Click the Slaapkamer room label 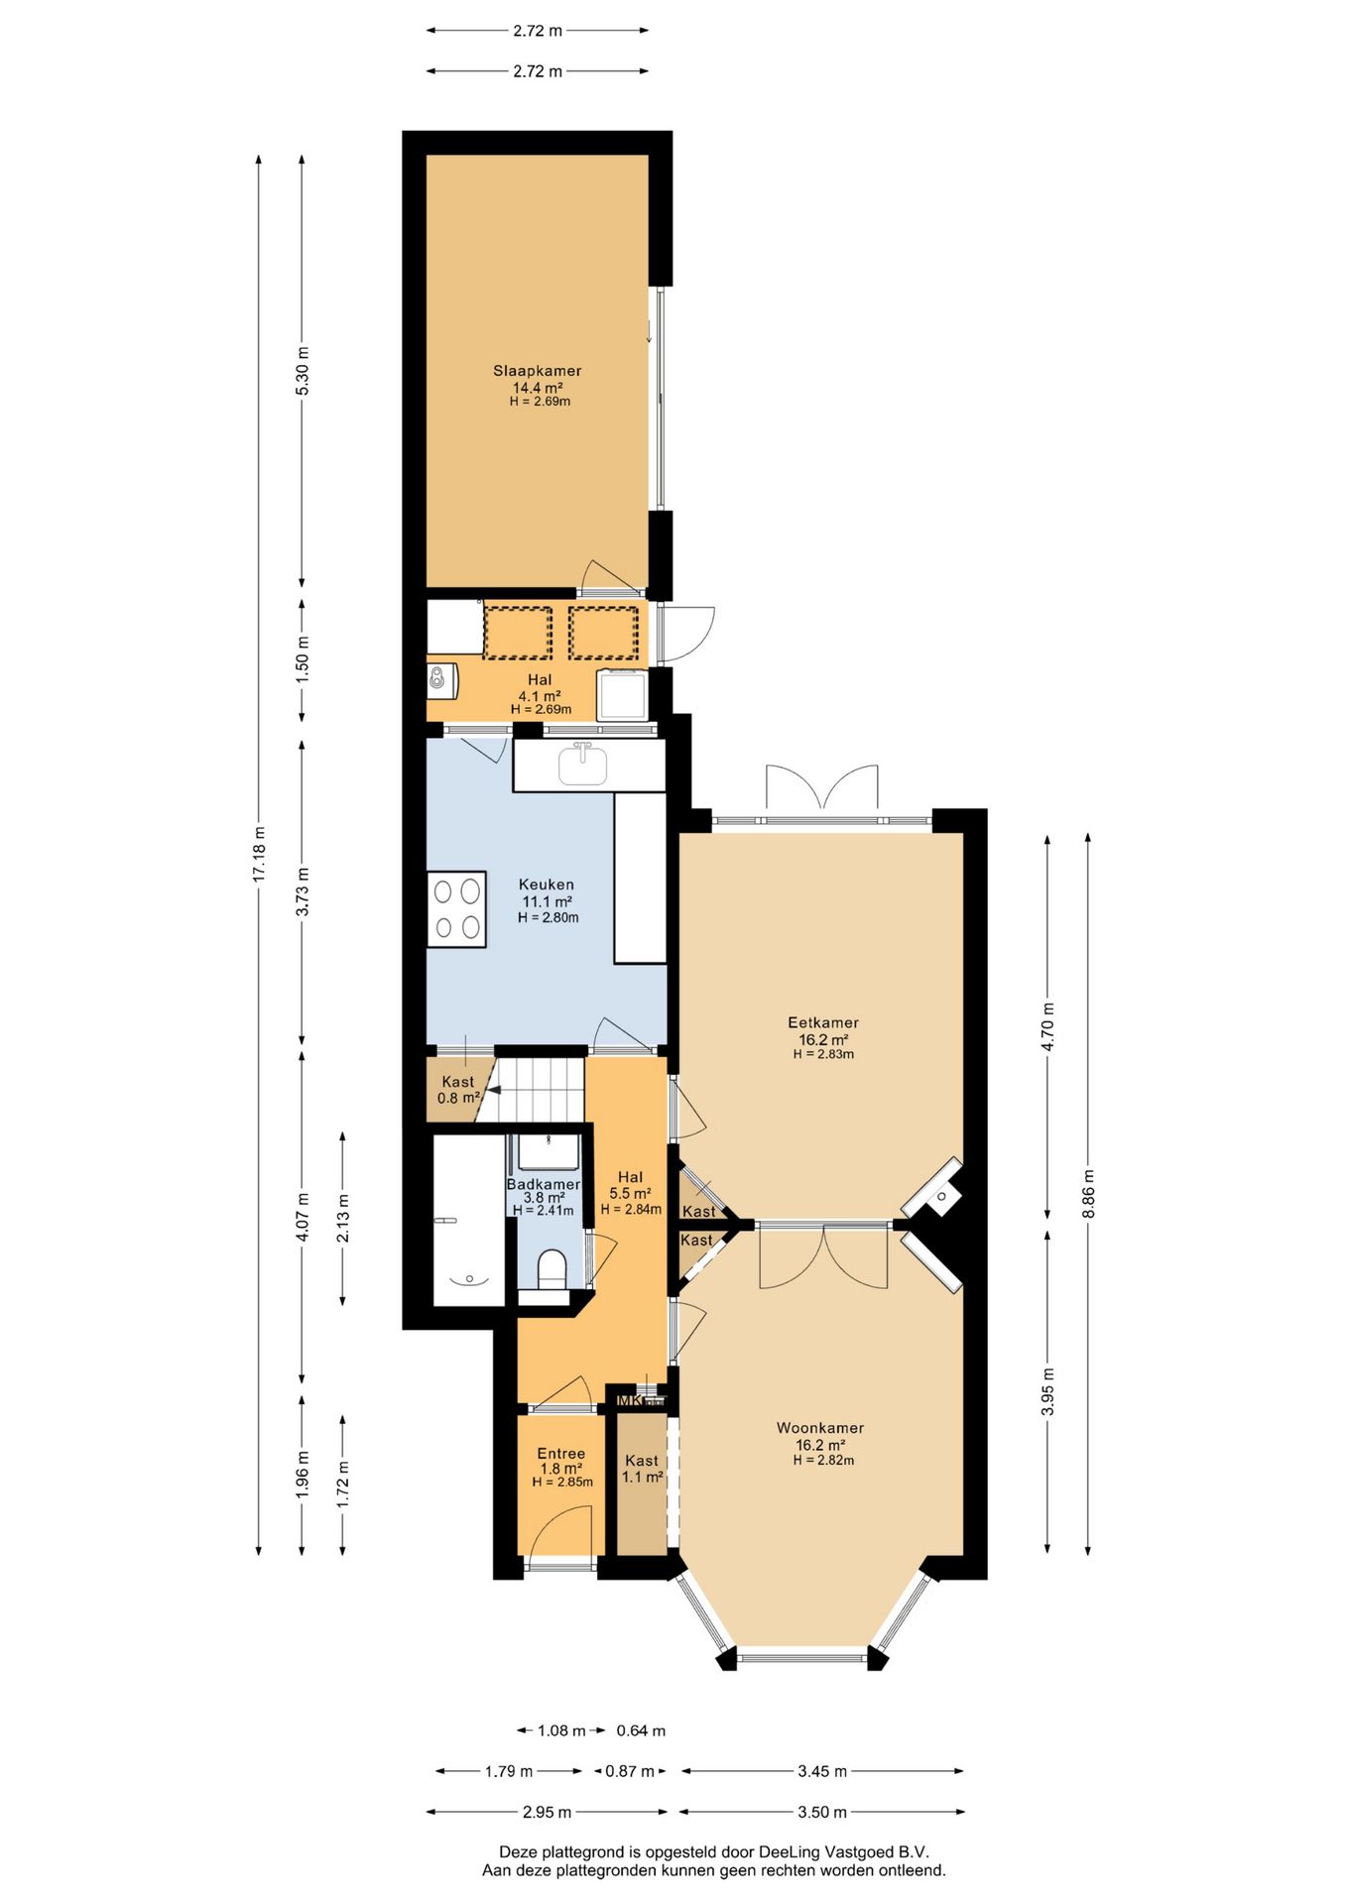[x=538, y=371]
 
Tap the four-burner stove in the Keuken [x=457, y=909]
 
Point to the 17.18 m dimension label [x=260, y=855]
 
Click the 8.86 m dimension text [x=1088, y=1194]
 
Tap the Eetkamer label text [x=823, y=1022]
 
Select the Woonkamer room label [x=820, y=1428]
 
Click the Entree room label [x=561, y=1454]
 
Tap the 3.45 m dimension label [x=822, y=1771]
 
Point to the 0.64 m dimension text [x=641, y=1730]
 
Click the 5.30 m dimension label [x=304, y=371]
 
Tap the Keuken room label [x=547, y=885]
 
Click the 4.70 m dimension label [x=1048, y=1027]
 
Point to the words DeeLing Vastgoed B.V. [x=843, y=1851]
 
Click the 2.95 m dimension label [x=547, y=1812]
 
